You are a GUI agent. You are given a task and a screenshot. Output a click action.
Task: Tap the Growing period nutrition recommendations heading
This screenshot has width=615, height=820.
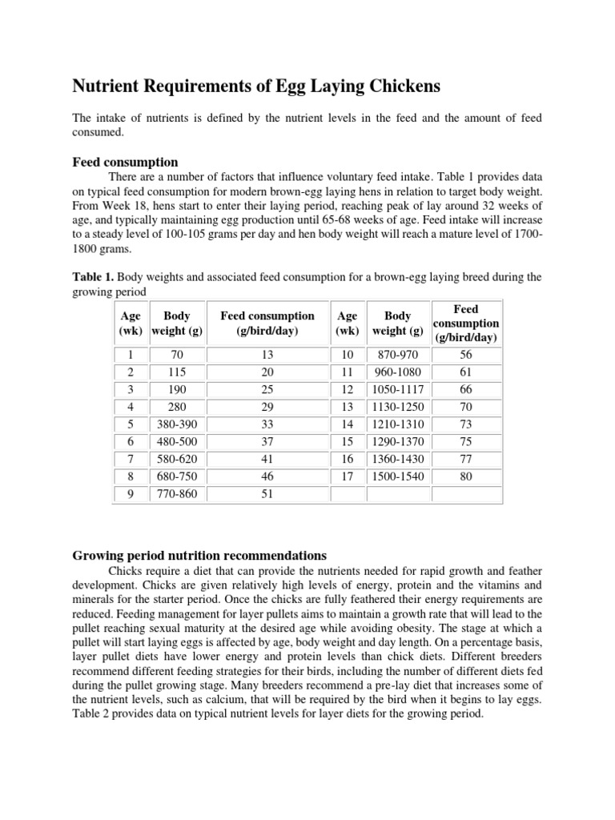coord(199,555)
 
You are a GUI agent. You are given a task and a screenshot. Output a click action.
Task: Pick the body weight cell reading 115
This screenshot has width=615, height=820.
coord(176,372)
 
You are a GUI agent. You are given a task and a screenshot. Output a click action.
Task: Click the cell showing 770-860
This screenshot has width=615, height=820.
coord(176,494)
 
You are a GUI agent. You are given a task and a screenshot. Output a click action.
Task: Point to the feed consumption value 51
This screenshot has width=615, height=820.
coord(267,494)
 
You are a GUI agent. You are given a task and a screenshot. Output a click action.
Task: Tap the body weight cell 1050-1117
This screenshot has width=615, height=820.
coord(398,389)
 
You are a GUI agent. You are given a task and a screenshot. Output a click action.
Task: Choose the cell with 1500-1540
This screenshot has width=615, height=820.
coord(398,476)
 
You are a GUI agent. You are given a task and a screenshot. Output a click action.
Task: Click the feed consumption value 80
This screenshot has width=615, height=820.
coord(466,476)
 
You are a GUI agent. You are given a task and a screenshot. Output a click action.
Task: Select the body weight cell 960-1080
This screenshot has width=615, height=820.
coord(398,372)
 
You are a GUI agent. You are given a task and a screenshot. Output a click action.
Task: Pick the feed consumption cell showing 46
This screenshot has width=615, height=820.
coord(267,476)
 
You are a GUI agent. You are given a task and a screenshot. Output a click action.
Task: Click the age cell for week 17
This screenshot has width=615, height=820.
coord(347,476)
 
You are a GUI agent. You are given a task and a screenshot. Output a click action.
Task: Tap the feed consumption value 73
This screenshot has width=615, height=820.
coord(466,424)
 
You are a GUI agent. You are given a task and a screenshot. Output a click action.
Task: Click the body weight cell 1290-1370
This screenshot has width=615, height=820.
coord(398,441)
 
